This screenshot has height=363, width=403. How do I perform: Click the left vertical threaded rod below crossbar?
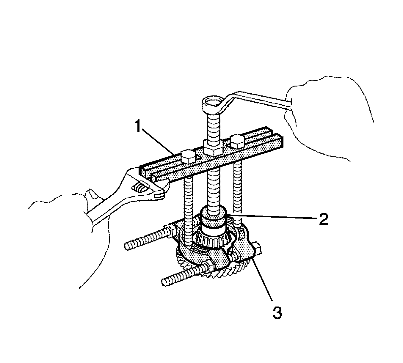point(189,208)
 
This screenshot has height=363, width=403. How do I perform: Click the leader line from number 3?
point(262,279)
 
